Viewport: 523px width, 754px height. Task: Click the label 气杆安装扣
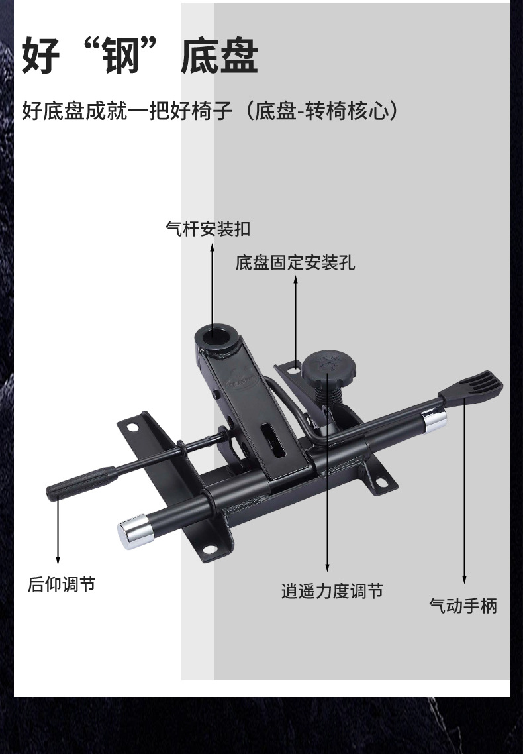pos(207,230)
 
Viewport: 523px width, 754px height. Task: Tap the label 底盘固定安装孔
pos(295,263)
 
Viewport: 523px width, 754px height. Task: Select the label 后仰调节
pos(62,584)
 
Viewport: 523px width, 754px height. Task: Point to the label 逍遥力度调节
pos(332,590)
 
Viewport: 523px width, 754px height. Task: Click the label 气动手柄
pos(463,605)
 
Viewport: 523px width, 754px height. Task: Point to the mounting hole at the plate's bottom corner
pos(211,547)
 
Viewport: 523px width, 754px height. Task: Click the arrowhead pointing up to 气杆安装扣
pos(212,248)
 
